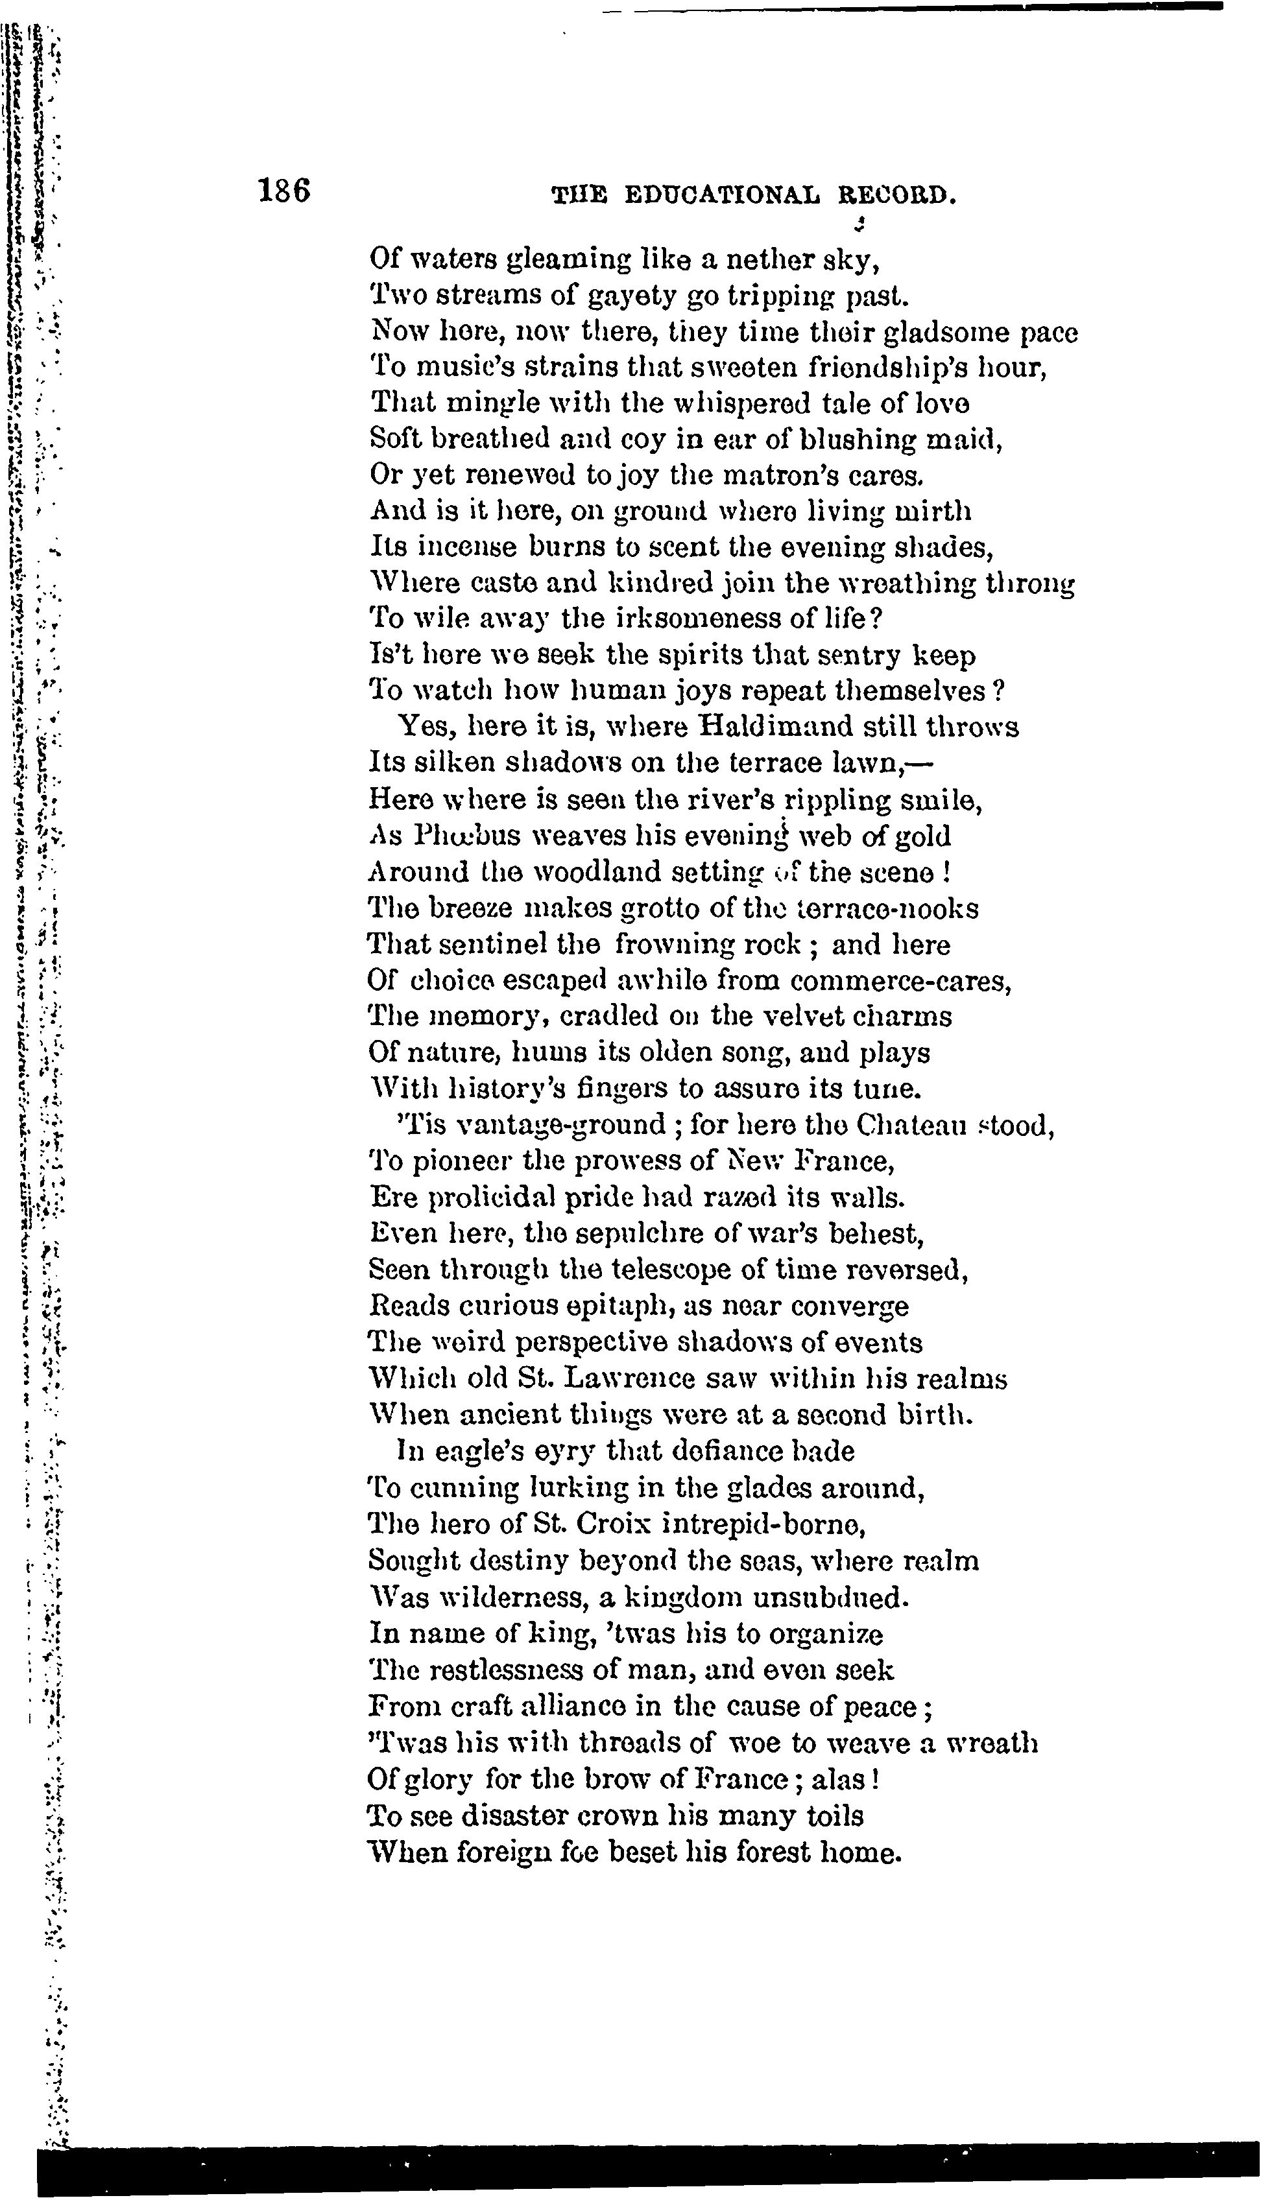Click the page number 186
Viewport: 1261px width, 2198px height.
pos(284,191)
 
